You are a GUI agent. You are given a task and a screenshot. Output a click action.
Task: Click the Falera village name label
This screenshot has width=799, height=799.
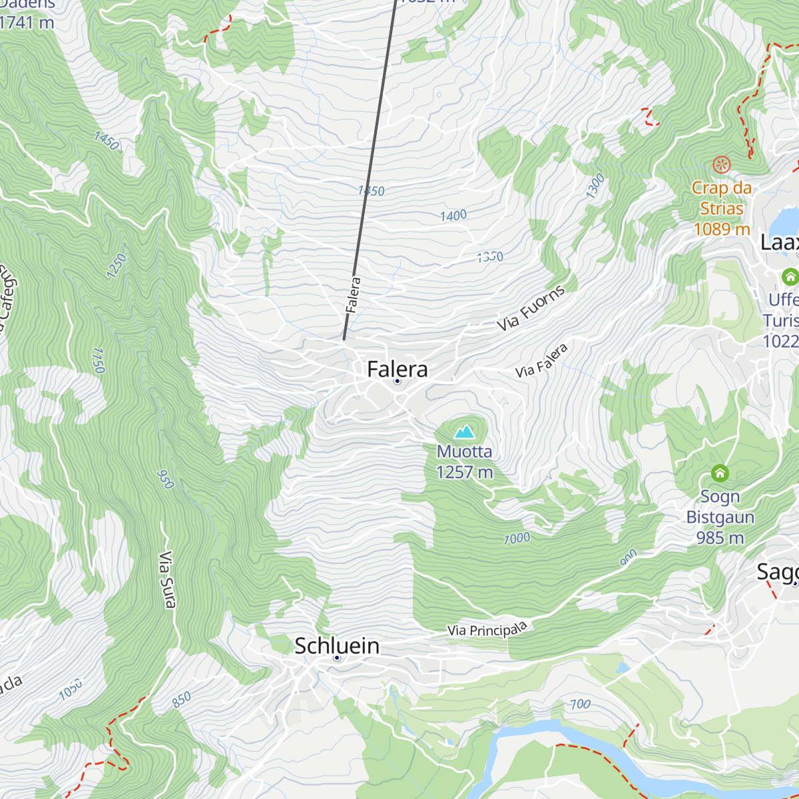398,369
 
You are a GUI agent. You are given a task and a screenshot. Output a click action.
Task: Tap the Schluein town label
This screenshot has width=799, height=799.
337,645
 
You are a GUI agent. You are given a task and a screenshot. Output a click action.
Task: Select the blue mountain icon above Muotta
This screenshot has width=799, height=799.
464,431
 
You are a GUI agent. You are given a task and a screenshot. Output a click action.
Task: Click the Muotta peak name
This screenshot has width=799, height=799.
464,451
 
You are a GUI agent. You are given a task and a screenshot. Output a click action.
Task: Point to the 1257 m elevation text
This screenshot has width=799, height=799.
464,472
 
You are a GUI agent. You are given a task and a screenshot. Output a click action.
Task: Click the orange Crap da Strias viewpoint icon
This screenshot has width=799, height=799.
722,164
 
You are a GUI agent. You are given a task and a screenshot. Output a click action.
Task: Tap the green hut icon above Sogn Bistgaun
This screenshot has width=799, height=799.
720,473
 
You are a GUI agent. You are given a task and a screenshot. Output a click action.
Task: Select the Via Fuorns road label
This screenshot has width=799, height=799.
531,308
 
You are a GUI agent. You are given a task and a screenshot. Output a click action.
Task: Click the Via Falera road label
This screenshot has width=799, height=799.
542,360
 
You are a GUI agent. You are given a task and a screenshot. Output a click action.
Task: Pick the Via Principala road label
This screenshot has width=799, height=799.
487,629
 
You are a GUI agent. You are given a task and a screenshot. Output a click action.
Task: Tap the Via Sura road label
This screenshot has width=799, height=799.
167,579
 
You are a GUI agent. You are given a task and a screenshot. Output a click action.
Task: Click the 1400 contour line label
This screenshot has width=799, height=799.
453,216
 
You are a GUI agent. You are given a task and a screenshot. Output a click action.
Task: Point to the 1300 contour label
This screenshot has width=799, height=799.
595,186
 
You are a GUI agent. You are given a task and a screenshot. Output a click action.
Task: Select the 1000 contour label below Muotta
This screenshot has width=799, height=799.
517,539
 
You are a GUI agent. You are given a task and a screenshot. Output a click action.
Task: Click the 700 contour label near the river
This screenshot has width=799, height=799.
580,704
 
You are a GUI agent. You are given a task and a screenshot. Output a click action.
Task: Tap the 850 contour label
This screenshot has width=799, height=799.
181,699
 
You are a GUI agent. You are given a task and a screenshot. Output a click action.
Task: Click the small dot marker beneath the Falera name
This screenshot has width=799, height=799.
398,382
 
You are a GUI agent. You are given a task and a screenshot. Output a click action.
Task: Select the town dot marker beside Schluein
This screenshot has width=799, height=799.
337,658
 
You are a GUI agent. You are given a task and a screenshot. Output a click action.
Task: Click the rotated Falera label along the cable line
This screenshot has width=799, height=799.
353,295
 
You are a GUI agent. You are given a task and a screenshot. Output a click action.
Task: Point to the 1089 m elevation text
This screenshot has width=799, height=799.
722,229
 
